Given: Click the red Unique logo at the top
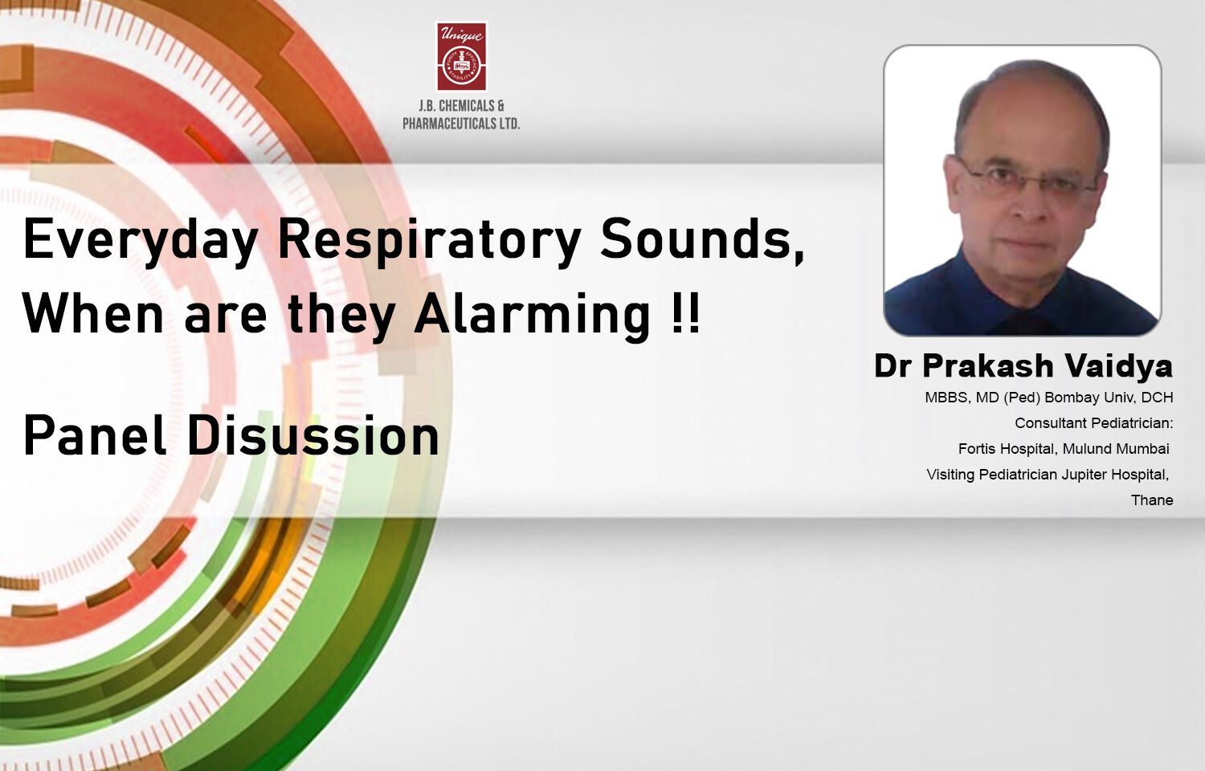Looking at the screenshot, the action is click(x=462, y=56).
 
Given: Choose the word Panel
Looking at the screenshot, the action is click(x=94, y=434).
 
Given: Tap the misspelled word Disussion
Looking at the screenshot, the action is click(x=313, y=434).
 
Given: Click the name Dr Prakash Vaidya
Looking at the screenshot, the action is click(x=1023, y=365).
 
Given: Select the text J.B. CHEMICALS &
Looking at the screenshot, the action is click(x=462, y=105).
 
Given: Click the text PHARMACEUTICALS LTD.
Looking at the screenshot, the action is click(x=462, y=124).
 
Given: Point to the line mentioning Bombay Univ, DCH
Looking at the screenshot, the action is click(x=1049, y=398).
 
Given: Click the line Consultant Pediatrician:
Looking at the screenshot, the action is click(x=1093, y=423).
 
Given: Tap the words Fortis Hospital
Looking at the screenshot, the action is click(x=1006, y=449).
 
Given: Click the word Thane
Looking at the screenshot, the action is click(x=1152, y=500).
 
